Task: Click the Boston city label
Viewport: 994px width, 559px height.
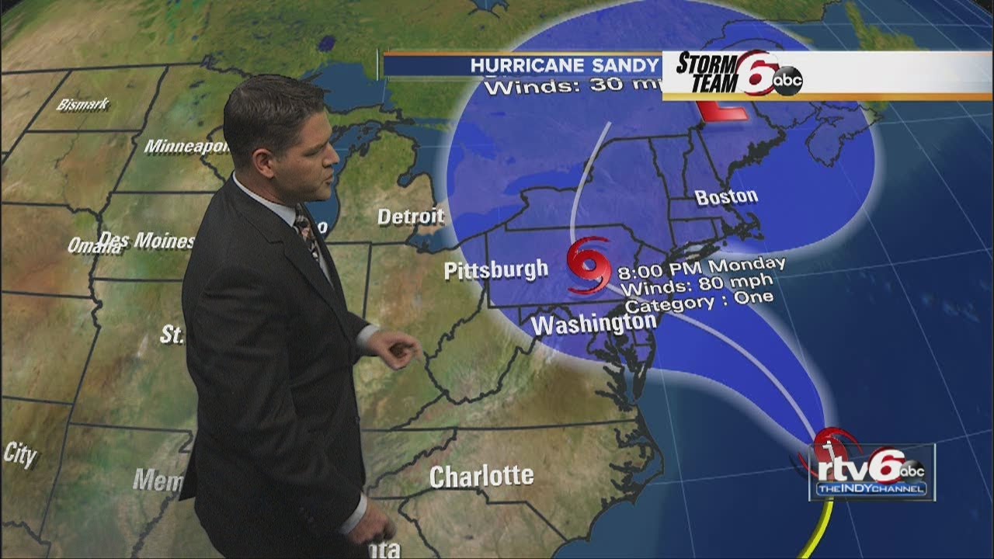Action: tap(725, 197)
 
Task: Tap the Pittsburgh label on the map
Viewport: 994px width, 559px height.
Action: tap(495, 270)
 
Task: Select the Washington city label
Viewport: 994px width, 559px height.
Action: tap(594, 323)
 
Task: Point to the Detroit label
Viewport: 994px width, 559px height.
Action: tap(411, 217)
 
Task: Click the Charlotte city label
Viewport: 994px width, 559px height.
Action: tap(481, 476)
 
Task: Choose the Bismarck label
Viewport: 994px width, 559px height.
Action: tap(83, 104)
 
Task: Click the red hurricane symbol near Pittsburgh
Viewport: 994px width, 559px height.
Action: tap(588, 266)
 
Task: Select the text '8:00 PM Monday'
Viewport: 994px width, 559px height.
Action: tap(701, 268)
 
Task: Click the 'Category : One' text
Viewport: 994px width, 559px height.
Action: tap(698, 300)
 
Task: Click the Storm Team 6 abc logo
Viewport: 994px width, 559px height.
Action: tap(738, 72)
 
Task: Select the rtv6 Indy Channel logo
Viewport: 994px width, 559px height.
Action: tap(871, 471)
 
